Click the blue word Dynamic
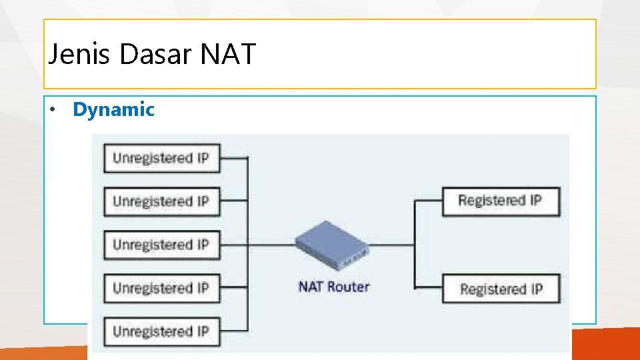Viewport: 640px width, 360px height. pos(113,109)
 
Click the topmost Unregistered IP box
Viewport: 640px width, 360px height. pos(161,158)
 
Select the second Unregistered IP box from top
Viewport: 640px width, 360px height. pos(161,201)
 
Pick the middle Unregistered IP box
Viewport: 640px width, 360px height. pos(161,245)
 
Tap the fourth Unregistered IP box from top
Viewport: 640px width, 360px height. pos(161,288)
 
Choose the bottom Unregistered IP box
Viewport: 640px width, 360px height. pos(161,331)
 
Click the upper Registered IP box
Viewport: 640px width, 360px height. pos(501,201)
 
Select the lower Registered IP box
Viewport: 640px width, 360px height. pos(501,289)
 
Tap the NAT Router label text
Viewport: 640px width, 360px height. pos(333,287)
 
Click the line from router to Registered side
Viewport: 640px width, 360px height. pos(393,245)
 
